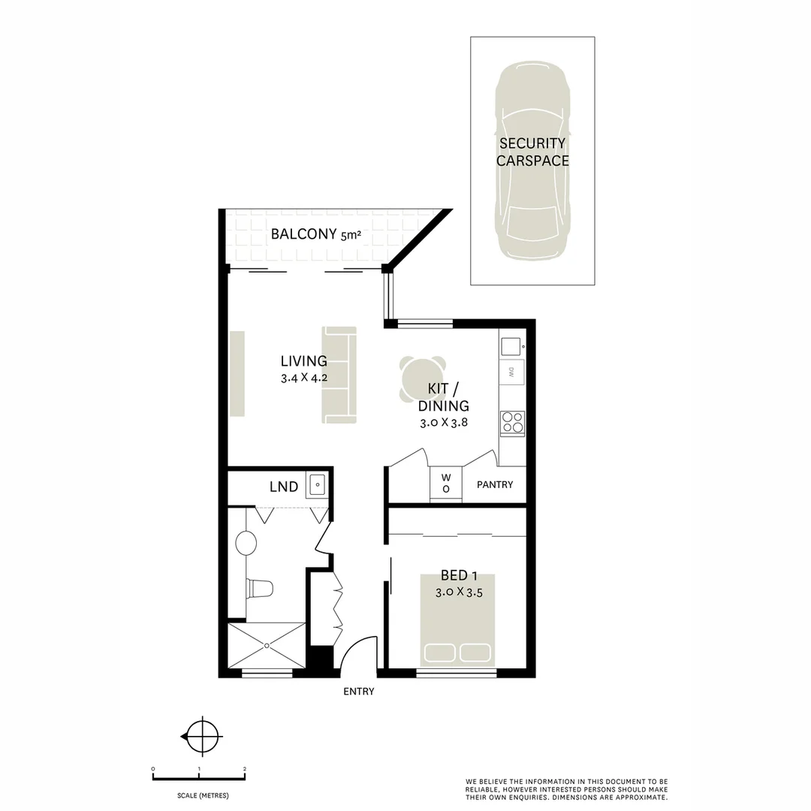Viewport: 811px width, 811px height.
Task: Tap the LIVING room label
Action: pyautogui.click(x=304, y=360)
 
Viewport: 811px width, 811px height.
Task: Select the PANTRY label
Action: pyautogui.click(x=495, y=484)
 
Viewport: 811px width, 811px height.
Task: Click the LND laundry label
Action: pyautogui.click(x=284, y=487)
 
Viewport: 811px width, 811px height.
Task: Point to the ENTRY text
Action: pyautogui.click(x=358, y=692)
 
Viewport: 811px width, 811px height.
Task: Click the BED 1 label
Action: pyautogui.click(x=459, y=576)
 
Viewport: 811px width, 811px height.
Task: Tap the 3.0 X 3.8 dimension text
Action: pyautogui.click(x=444, y=423)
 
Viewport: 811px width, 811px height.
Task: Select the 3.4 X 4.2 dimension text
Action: pyautogui.click(x=304, y=378)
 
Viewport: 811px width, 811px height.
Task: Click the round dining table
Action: pyautogui.click(x=422, y=378)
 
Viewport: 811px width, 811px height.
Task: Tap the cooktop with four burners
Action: pyautogui.click(x=513, y=424)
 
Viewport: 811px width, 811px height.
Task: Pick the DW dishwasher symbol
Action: pyautogui.click(x=511, y=372)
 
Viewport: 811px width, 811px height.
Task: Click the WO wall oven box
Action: pyautogui.click(x=445, y=483)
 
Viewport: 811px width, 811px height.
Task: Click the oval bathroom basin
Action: pyautogui.click(x=246, y=542)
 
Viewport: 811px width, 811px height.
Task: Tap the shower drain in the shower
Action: pyautogui.click(x=267, y=644)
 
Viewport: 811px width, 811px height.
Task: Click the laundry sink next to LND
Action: pyautogui.click(x=316, y=485)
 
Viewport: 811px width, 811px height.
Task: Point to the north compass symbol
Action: pyautogui.click(x=201, y=737)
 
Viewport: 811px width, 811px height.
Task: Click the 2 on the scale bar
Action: pyautogui.click(x=245, y=769)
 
